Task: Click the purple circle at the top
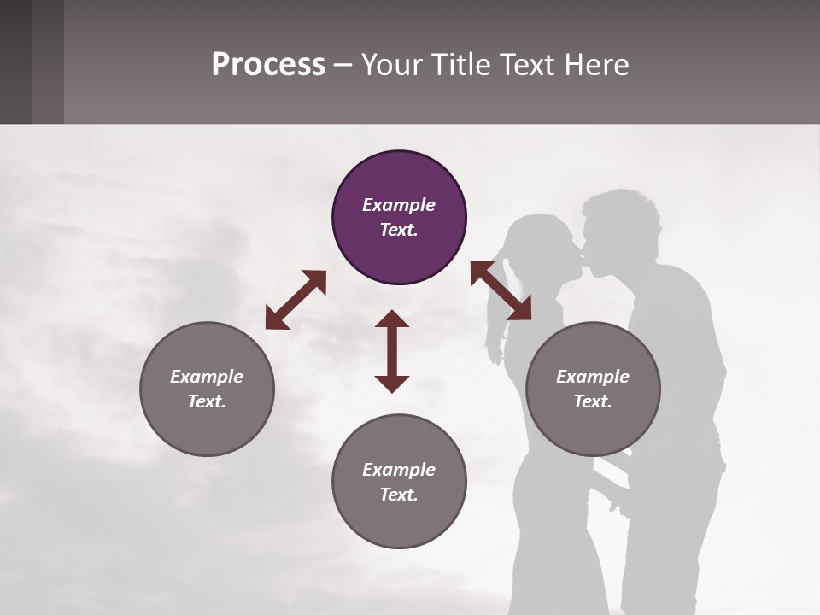(399, 218)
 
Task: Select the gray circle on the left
(207, 389)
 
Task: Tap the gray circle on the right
(593, 389)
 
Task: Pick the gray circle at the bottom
(399, 481)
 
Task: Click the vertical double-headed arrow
(392, 351)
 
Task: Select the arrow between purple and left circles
(296, 300)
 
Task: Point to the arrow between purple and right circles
(501, 290)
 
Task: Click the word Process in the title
(268, 65)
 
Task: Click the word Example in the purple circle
(399, 205)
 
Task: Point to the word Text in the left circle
(207, 401)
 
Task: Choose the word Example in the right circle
(593, 377)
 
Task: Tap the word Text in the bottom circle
(399, 495)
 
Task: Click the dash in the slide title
(343, 65)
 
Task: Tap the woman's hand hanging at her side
(494, 350)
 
